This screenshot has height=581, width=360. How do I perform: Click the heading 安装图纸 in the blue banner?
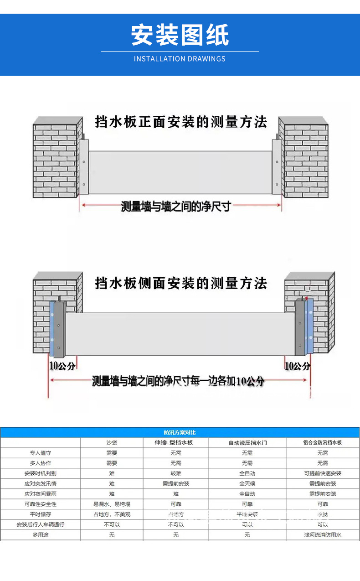point(180,35)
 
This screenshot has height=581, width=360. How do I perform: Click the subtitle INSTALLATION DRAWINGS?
point(180,59)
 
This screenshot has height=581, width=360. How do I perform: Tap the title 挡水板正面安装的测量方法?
point(180,122)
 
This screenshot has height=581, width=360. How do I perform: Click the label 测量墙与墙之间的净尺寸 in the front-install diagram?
point(176,207)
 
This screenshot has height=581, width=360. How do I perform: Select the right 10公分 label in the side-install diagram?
point(298,366)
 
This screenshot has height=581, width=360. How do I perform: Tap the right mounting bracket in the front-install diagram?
point(277,166)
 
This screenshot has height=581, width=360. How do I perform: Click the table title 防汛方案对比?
point(180,432)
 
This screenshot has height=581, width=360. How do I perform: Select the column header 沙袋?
point(112,442)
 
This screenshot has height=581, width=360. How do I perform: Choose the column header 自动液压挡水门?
point(247,442)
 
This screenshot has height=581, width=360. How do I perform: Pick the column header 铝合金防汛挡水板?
point(323,442)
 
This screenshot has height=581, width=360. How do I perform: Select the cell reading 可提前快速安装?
point(323,473)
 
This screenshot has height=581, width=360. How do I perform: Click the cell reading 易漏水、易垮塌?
point(112,504)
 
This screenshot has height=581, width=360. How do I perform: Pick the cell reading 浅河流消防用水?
point(323,534)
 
